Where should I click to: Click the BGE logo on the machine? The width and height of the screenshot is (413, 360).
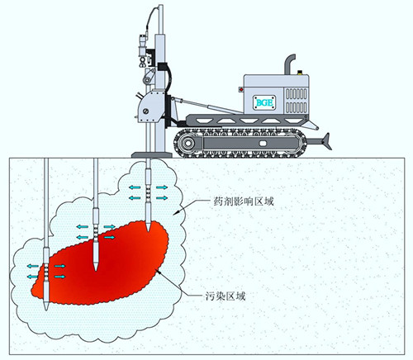[264, 102]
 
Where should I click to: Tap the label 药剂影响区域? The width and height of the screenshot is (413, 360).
[244, 201]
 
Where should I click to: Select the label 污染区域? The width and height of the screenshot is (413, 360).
[225, 296]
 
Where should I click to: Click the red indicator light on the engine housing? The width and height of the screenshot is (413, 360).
[241, 89]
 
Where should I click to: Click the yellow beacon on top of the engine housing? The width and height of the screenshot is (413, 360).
[300, 73]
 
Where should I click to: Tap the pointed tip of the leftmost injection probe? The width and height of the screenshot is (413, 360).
[46, 308]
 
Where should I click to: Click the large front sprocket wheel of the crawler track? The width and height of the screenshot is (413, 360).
[188, 143]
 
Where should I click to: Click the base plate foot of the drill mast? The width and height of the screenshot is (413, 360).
[152, 155]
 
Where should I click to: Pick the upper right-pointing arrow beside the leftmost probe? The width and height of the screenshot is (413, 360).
[60, 266]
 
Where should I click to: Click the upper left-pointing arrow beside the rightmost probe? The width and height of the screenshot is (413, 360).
[135, 187]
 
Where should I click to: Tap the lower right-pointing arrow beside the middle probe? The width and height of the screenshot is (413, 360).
[109, 237]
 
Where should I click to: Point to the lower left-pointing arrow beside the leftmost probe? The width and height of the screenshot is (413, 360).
[33, 277]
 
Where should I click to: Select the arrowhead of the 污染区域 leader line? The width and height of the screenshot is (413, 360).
[158, 272]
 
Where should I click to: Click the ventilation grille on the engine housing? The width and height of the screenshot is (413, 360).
[297, 101]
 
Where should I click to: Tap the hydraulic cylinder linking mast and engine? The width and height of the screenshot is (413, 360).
[205, 106]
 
